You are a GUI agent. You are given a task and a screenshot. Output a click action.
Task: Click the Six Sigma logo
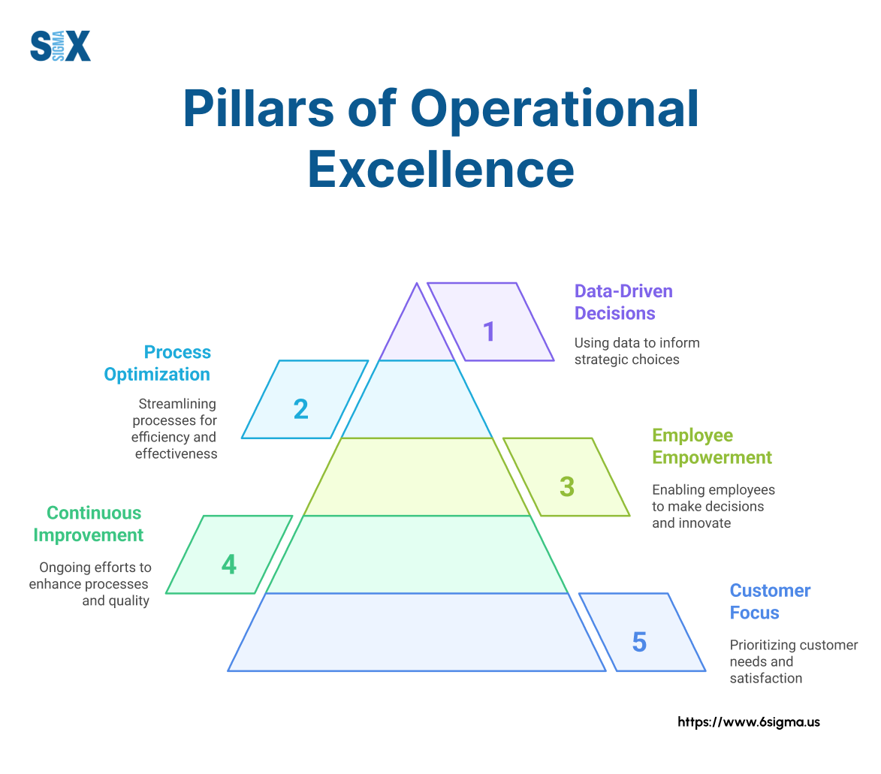point(60,45)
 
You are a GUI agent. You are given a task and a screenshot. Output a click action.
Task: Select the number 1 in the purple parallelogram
point(490,331)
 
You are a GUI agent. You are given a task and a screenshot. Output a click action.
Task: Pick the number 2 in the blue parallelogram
point(300,408)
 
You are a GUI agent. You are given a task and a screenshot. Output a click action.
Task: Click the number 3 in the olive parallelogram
point(567,486)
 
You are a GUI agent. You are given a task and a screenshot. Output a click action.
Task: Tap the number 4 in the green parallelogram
point(229,564)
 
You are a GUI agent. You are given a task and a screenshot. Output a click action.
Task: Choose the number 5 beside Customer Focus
point(639,642)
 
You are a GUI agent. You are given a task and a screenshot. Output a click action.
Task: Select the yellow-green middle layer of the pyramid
point(417,477)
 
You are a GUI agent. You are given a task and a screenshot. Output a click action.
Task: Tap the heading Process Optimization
point(158,363)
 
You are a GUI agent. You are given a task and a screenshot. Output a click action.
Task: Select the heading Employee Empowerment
point(711,447)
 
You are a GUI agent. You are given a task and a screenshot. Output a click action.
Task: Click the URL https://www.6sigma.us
point(749,722)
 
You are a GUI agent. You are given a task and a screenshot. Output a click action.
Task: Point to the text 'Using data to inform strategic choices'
point(636,351)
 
